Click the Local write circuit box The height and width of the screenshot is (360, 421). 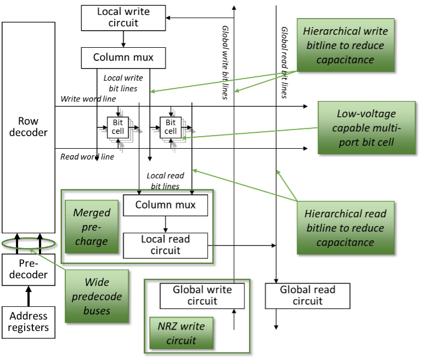point(123,18)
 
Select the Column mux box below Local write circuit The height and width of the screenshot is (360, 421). point(123,57)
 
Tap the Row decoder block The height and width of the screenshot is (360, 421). point(29,126)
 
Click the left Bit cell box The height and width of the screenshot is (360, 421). point(118,127)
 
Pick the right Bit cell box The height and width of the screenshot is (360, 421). point(170,127)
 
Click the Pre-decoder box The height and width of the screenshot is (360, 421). point(29,269)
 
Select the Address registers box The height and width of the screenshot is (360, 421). point(29,322)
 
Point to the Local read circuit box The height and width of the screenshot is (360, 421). point(165,245)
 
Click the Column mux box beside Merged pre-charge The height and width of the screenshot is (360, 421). point(165,205)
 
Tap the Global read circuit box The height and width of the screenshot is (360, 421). point(307,295)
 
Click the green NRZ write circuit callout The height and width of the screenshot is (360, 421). point(181,333)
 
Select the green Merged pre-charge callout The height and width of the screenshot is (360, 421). point(92,227)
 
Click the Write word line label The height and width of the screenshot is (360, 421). point(88,99)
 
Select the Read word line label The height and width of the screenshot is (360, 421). point(87,157)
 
